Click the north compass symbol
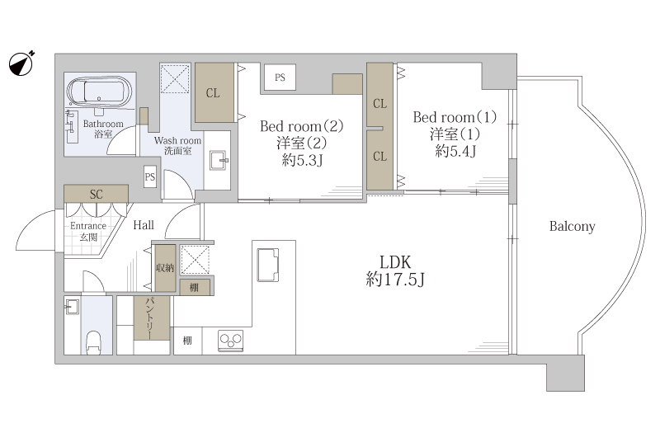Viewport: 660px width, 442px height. (21, 64)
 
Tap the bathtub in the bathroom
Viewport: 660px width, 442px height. (99, 92)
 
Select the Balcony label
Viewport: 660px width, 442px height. (572, 226)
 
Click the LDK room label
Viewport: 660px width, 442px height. (395, 262)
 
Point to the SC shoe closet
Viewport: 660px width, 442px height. (96, 194)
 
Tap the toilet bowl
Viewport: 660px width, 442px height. (93, 343)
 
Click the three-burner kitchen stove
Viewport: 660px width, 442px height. (230, 341)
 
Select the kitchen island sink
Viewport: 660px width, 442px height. (267, 265)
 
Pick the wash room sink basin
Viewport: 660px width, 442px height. (219, 160)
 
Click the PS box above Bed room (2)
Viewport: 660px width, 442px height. (280, 77)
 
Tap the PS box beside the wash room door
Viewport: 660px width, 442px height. (150, 176)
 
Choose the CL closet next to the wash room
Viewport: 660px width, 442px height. (214, 92)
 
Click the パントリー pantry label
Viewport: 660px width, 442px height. (150, 318)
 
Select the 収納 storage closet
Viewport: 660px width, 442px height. (165, 268)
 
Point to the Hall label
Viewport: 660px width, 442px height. (144, 225)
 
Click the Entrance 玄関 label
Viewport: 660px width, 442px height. (88, 231)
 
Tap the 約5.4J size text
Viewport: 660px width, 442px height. (455, 151)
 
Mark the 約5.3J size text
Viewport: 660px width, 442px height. (302, 160)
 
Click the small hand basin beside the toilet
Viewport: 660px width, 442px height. (72, 307)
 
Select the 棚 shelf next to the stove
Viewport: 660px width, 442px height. (188, 341)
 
